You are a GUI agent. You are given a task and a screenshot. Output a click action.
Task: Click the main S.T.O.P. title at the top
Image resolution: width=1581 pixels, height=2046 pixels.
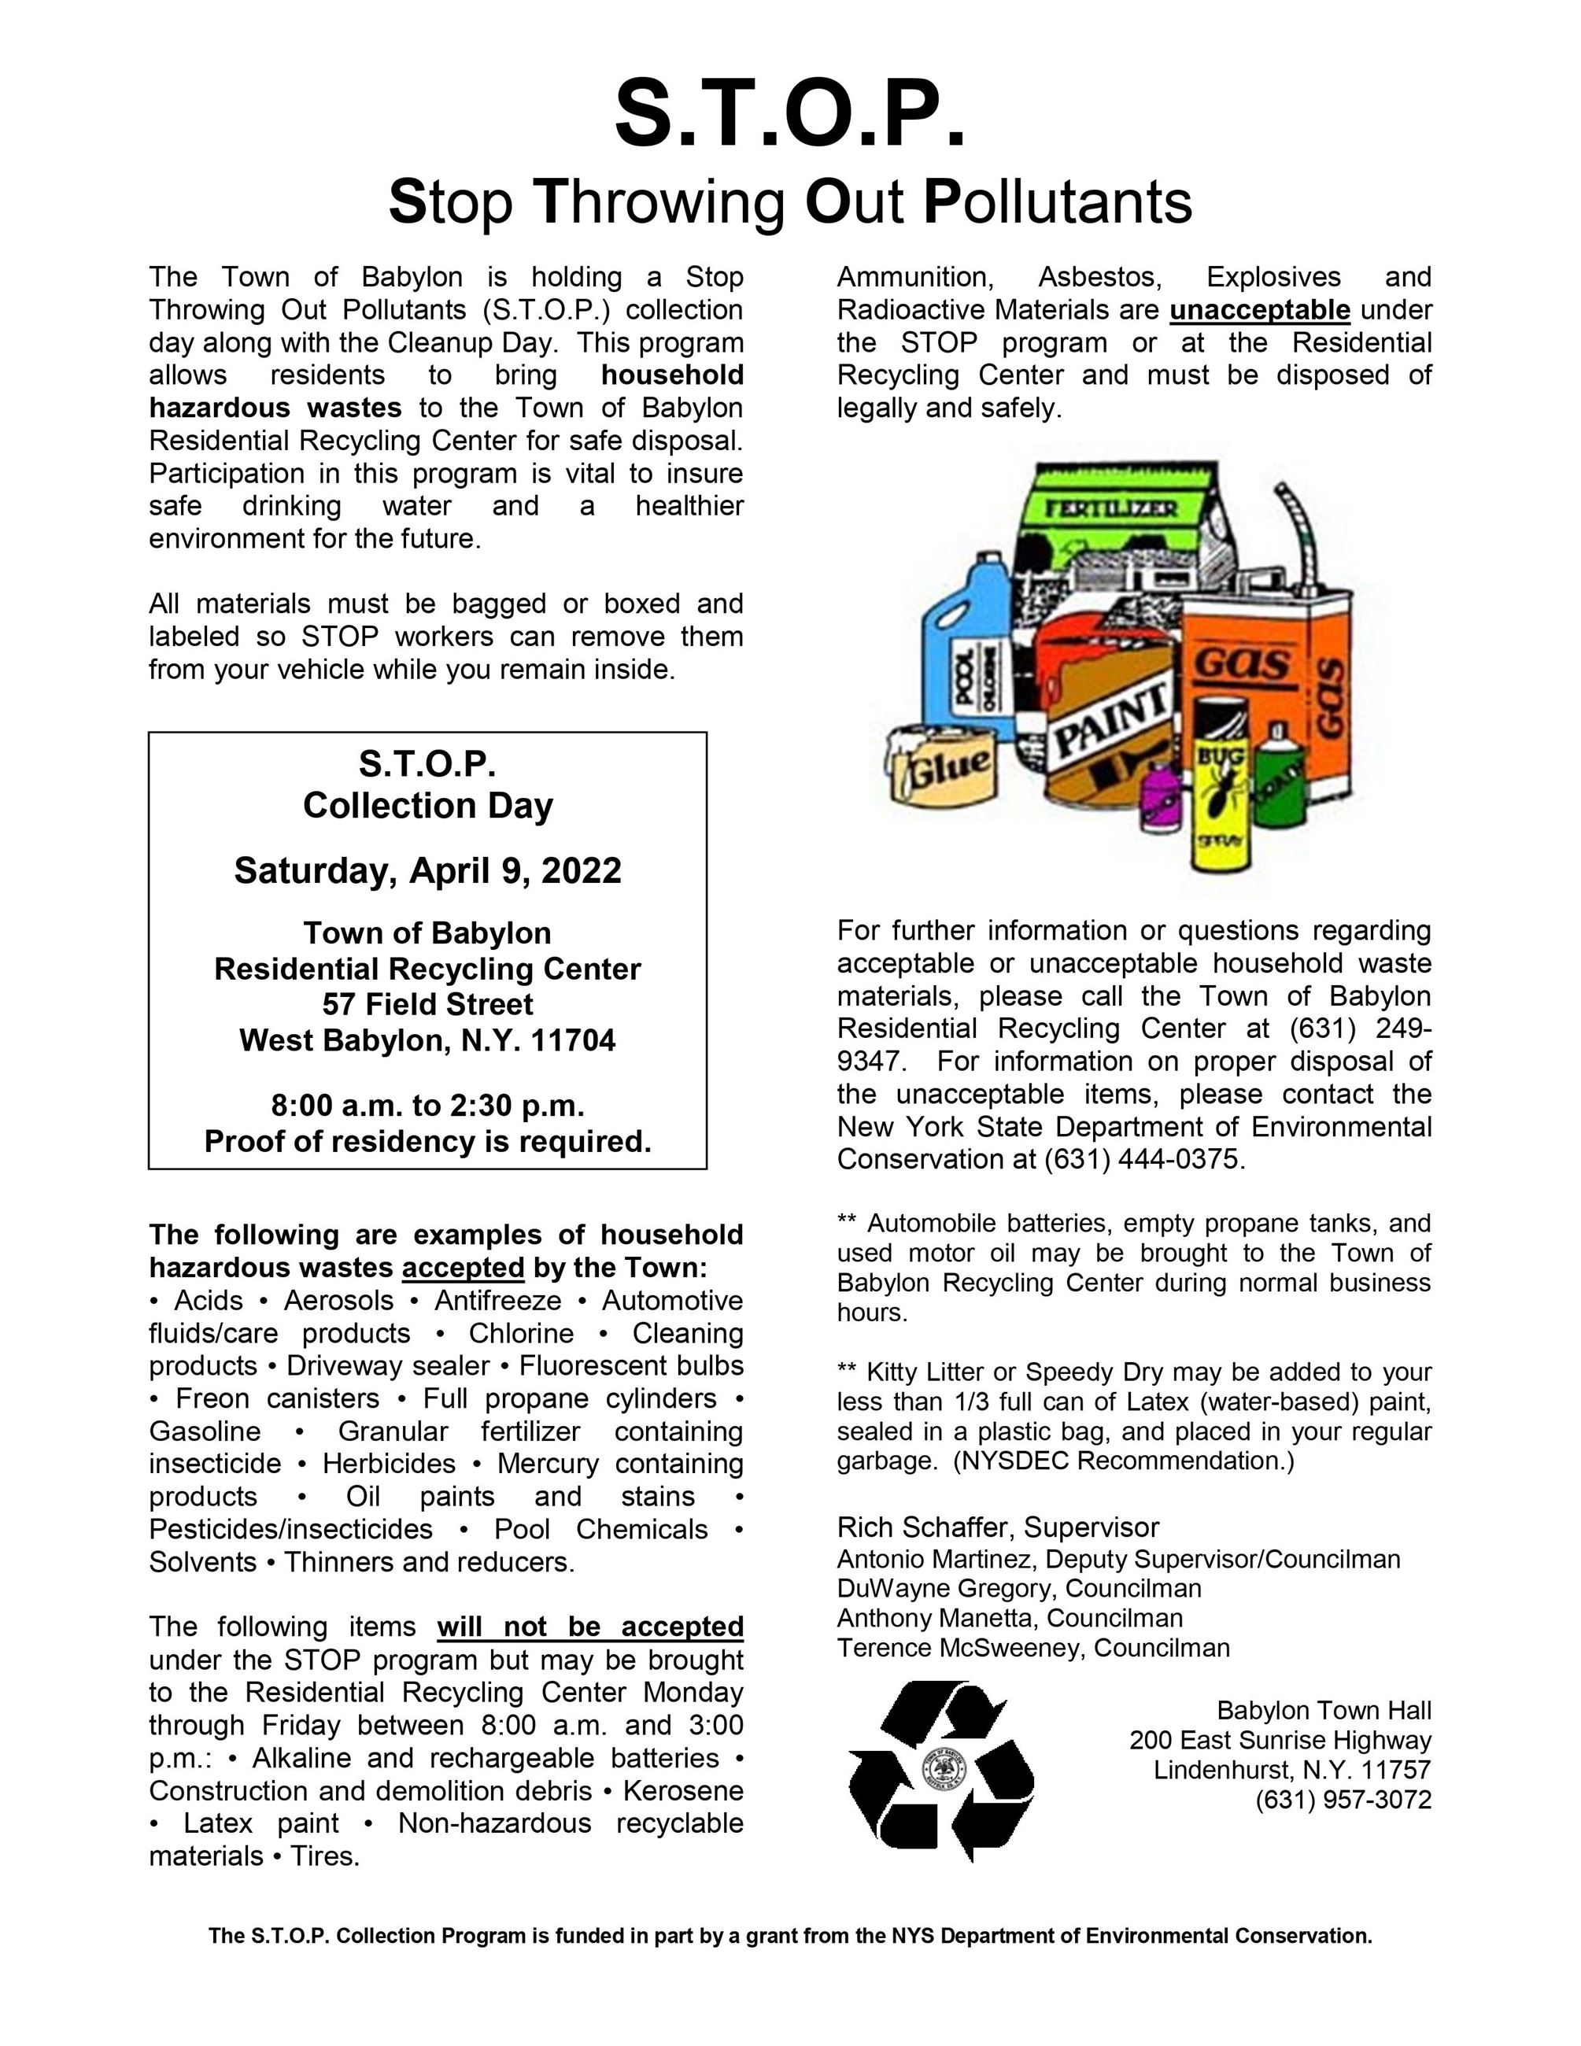[x=789, y=114]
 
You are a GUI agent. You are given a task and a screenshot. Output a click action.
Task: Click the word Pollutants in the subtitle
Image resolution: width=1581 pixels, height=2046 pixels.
[x=1058, y=201]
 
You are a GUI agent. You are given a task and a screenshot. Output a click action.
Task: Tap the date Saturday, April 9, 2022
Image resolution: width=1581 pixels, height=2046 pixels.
[x=427, y=870]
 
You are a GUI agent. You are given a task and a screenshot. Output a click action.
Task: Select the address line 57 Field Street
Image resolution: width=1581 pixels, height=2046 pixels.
[x=427, y=1004]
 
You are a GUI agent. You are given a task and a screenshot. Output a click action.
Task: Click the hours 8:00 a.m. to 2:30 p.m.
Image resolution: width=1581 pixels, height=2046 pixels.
[x=427, y=1106]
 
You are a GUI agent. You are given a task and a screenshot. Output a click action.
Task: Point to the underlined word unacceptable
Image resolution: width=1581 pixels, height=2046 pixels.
[x=1260, y=309]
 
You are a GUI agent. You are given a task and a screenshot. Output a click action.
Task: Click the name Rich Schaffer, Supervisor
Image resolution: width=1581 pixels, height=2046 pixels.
[x=998, y=1527]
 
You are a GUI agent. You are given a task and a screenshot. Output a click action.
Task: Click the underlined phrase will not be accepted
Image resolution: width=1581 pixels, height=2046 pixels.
[x=590, y=1627]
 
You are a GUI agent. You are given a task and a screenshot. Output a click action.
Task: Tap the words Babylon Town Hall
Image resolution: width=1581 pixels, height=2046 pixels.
[x=1324, y=1711]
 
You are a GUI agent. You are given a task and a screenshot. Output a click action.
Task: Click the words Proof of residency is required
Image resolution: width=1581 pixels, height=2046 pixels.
[x=427, y=1141]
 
